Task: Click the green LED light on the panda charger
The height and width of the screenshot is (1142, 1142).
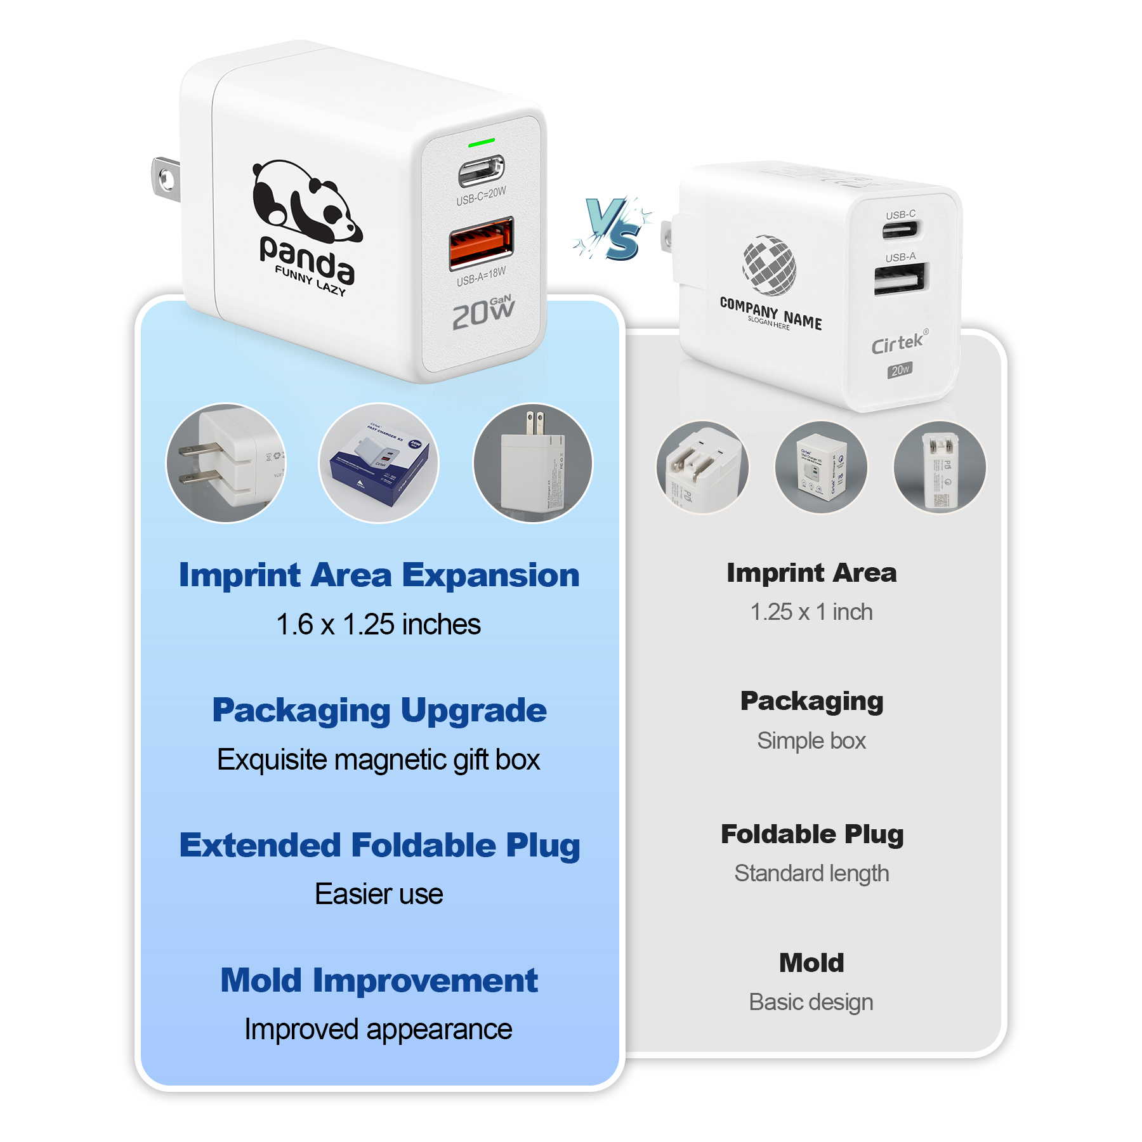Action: click(481, 143)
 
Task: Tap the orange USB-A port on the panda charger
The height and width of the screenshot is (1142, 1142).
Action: click(482, 241)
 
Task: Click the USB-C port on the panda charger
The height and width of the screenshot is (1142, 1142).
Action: click(482, 171)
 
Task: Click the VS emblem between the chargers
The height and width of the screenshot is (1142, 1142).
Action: click(612, 228)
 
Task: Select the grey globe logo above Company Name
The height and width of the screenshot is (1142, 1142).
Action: click(770, 265)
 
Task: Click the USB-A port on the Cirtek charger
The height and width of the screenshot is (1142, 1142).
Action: click(900, 279)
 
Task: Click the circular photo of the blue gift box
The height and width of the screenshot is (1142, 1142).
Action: click(379, 463)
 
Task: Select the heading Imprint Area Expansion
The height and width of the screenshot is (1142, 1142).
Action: click(379, 575)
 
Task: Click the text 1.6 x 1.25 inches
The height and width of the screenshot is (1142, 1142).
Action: click(379, 624)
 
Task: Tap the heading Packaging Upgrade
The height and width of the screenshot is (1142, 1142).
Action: click(379, 710)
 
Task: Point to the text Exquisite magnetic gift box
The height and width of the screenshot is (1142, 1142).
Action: click(379, 759)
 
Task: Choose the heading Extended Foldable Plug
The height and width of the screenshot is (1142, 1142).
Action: click(379, 845)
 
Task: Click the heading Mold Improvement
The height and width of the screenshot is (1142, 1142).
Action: click(379, 980)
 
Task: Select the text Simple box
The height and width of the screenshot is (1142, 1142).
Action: click(811, 740)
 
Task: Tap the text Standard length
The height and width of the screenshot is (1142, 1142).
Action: click(811, 874)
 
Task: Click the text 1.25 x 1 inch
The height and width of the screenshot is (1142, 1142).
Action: click(811, 612)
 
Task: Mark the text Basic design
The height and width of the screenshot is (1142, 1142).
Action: click(811, 1002)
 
